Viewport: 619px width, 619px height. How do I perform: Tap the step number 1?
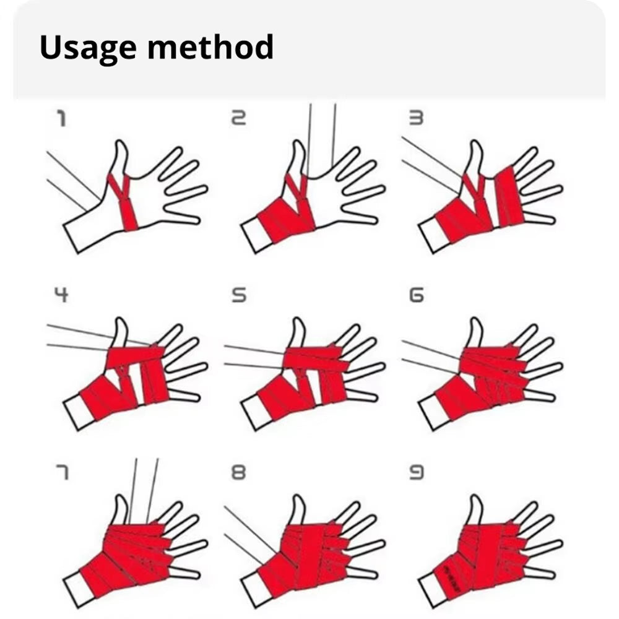coord(61,119)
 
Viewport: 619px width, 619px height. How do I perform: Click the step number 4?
coord(61,295)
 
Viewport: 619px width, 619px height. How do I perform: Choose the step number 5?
coord(238,295)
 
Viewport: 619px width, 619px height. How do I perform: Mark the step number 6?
coord(416,295)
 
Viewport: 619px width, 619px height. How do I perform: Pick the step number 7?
coord(61,473)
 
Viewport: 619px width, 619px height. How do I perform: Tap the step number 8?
coord(238,473)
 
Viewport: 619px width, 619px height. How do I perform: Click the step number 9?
coord(416,473)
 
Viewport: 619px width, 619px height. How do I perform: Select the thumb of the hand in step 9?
coord(475,509)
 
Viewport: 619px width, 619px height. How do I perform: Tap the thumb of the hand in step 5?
coord(297,333)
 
